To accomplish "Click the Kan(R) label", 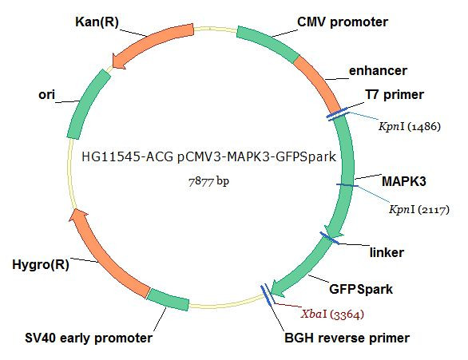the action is click(97, 22).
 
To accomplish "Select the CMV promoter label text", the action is click(343, 22).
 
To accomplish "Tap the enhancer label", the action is click(378, 71).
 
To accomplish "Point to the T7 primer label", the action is click(395, 95).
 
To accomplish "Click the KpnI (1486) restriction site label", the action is click(410, 126).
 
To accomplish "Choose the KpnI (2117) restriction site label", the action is click(419, 210).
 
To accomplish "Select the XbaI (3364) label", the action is click(332, 314).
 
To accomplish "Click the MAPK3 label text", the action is click(404, 181).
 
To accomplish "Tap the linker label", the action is click(387, 252).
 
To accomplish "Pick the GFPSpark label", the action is click(361, 289).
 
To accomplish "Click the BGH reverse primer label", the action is click(347, 338).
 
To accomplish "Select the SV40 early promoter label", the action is click(89, 338).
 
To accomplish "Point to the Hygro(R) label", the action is click(41, 264).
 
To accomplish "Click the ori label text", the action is click(47, 95).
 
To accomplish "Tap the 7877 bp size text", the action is click(208, 181).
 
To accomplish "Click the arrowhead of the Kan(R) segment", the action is click(119, 61).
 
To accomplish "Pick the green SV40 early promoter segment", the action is click(168, 299).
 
